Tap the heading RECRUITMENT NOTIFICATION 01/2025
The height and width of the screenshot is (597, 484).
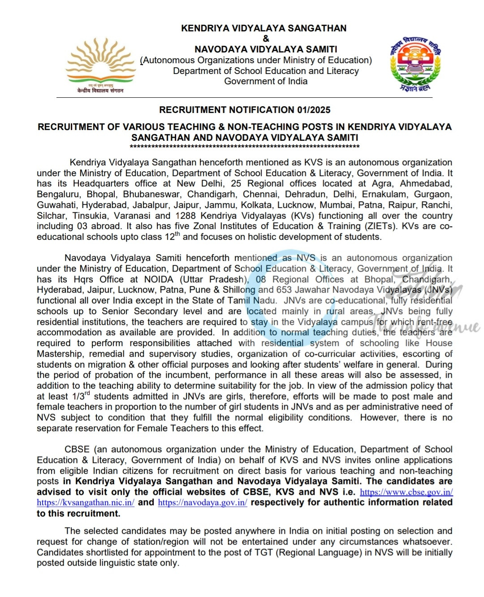point(245,110)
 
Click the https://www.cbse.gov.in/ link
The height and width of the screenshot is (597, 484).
point(406,492)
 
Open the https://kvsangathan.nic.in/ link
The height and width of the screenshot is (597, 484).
point(86,503)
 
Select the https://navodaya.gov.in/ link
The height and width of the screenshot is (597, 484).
point(203,503)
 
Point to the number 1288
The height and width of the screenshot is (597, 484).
point(186,216)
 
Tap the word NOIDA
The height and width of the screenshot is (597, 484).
point(159,279)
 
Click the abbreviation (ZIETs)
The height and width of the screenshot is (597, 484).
point(380,226)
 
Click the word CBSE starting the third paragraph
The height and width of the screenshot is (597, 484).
point(77,450)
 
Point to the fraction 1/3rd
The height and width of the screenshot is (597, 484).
point(81,396)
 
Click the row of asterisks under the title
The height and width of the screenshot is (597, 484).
point(245,147)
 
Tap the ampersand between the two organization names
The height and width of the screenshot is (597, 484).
point(266,39)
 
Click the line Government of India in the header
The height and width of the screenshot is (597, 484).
point(266,82)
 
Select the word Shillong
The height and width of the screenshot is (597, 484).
point(239,290)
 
